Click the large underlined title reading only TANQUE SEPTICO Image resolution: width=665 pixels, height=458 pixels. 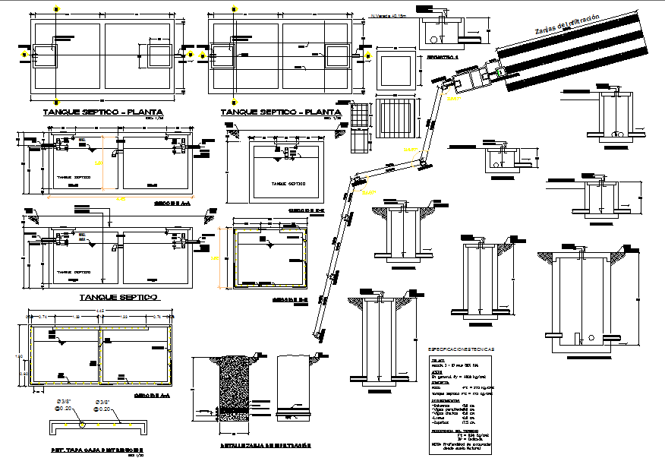(118, 297)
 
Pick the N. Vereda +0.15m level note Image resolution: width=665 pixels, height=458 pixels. (388, 13)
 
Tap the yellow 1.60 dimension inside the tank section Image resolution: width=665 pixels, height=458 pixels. (97, 163)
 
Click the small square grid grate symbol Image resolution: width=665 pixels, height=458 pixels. (361, 115)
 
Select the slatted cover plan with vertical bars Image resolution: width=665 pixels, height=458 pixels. (396, 115)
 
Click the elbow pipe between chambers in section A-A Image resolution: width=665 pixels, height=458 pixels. (114, 154)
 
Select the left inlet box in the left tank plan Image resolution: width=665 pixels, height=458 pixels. (37, 55)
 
